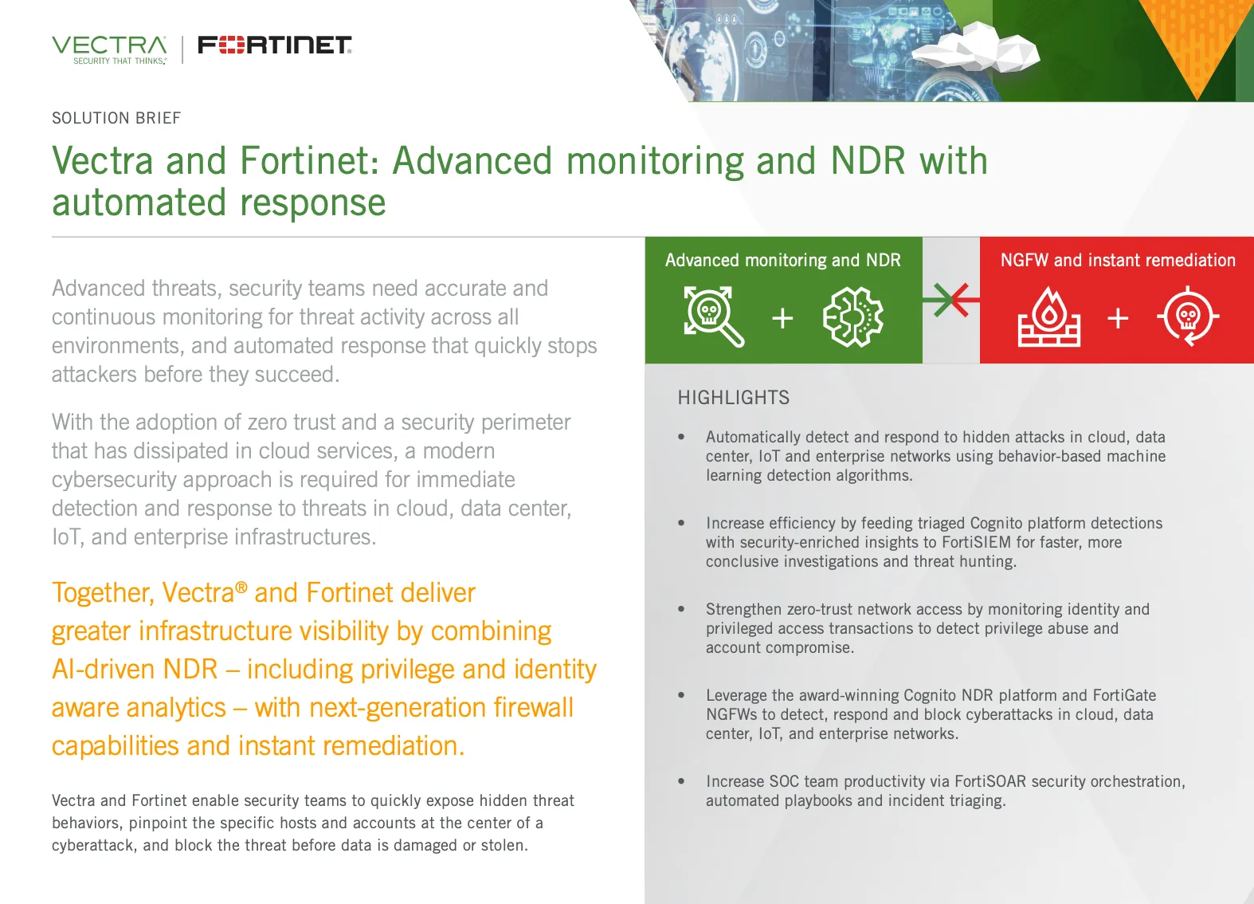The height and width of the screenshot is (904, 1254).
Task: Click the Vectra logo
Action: pyautogui.click(x=109, y=49)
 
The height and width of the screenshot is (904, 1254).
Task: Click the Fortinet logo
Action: pyautogui.click(x=274, y=45)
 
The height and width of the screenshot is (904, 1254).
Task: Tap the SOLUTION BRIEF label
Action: pyautogui.click(x=116, y=118)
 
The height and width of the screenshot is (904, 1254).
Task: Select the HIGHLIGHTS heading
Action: pyautogui.click(x=733, y=398)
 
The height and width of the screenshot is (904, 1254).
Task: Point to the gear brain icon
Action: pyautogui.click(x=852, y=317)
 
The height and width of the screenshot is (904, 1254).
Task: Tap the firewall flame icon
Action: pyautogui.click(x=1048, y=317)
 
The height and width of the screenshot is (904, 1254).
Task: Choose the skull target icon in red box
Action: pyautogui.click(x=1188, y=317)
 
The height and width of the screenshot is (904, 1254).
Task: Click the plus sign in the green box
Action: pyautogui.click(x=782, y=318)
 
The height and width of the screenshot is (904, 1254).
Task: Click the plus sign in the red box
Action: pyautogui.click(x=1118, y=318)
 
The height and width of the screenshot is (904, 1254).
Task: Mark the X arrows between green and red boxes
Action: pyautogui.click(x=950, y=300)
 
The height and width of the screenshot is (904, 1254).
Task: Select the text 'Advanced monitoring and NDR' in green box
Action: pyautogui.click(x=782, y=260)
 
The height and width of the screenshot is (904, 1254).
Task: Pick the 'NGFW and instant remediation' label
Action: pyautogui.click(x=1117, y=260)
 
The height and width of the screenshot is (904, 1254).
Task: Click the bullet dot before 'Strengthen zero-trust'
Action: pyautogui.click(x=681, y=609)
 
